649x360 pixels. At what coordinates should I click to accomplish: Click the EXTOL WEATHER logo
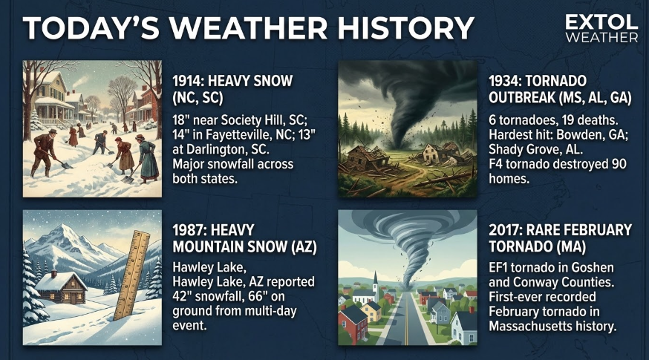click(601, 28)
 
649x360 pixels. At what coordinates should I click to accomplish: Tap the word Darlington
click(218, 149)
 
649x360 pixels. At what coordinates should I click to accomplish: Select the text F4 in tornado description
click(495, 164)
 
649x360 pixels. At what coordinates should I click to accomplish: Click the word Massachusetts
click(526, 326)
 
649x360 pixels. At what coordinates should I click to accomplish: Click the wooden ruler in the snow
click(131, 275)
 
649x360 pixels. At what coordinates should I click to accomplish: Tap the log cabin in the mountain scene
click(61, 287)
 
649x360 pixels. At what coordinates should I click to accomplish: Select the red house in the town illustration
click(353, 323)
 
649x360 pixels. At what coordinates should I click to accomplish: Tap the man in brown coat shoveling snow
click(43, 153)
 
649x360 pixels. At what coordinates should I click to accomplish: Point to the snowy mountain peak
click(63, 234)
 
